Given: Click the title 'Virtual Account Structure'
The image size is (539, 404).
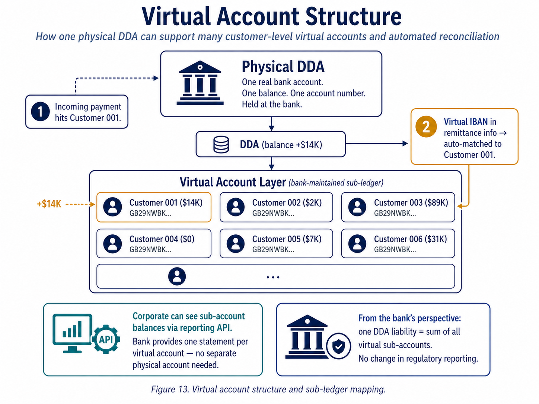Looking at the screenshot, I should point(271,17).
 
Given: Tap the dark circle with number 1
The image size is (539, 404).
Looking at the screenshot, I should point(40,112).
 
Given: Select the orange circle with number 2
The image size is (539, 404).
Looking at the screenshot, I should point(426,127).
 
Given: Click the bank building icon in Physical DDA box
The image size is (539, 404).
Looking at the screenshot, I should point(200,83).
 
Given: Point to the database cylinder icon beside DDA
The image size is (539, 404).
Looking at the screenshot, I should point(221,145).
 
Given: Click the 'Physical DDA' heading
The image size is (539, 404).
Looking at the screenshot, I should point(283,67).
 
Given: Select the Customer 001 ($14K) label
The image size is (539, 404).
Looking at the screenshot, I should point(166,203).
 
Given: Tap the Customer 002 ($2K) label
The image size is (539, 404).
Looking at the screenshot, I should point(287,203).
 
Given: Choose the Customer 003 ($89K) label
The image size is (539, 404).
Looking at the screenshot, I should point(411,203).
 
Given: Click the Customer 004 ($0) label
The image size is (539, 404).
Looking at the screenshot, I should point(162,239).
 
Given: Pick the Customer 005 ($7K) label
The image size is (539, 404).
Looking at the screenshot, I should point(287,239).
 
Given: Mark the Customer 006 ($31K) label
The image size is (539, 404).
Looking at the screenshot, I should point(410,239).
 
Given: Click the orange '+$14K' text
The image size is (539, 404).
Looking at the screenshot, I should point(49,204).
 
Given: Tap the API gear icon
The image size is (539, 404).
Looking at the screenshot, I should point(106,339).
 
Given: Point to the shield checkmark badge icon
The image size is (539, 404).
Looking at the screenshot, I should point(338,346).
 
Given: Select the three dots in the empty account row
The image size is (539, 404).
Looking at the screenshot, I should point(273,277).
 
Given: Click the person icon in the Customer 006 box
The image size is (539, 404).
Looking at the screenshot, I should point(357,244).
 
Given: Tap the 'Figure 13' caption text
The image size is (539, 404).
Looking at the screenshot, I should point(268,389).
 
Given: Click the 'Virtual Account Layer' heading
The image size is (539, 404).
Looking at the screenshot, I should point(233,182).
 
